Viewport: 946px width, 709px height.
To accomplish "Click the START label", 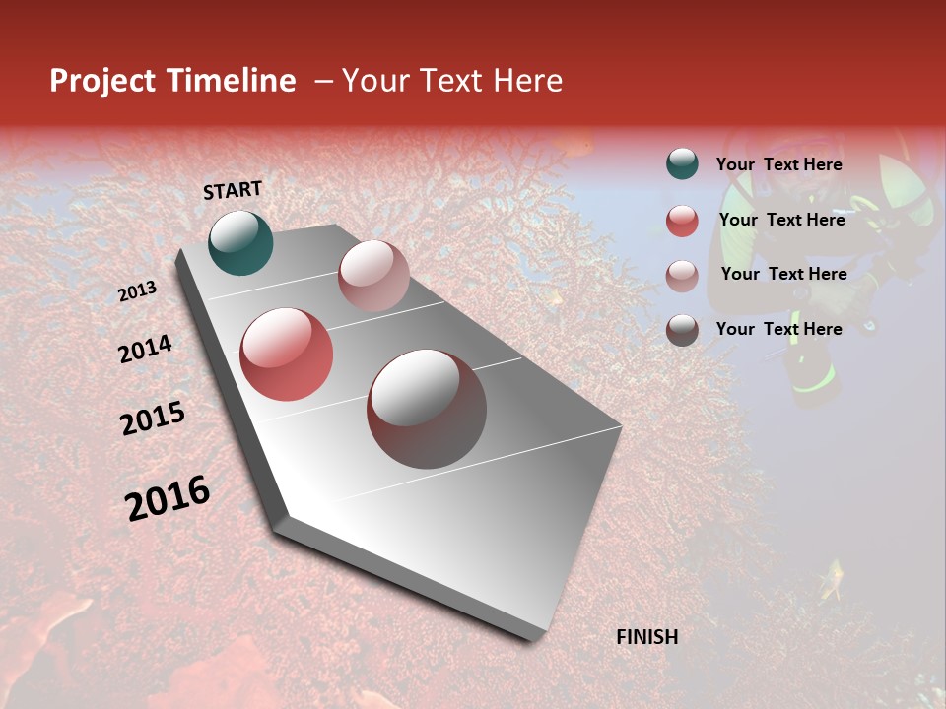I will tap(233, 190).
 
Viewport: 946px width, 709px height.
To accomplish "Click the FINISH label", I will tap(646, 637).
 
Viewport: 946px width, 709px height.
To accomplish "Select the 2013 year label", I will tap(138, 291).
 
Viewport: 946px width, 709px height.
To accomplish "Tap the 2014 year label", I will tap(145, 349).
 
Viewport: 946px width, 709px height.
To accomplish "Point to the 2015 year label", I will tap(153, 419).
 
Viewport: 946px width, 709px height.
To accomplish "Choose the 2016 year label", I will tap(168, 498).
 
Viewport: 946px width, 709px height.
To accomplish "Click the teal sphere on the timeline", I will tap(240, 242).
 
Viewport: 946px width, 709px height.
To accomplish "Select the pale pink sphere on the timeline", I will tap(373, 276).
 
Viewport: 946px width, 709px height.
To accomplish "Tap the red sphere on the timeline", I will tap(287, 354).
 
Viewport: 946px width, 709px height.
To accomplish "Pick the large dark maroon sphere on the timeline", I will tap(427, 409).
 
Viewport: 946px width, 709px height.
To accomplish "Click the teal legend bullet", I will tap(682, 164).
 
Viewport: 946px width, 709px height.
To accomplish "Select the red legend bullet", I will tap(682, 221).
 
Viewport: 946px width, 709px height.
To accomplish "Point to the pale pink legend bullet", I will tap(682, 275).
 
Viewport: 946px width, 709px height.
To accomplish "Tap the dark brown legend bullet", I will tap(682, 330).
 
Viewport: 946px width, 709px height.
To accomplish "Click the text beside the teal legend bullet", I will tap(778, 164).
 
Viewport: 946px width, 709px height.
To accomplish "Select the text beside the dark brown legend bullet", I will tap(778, 329).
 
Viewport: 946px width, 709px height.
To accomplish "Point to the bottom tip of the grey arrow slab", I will tap(532, 638).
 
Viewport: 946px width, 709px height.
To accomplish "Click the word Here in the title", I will tap(527, 81).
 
